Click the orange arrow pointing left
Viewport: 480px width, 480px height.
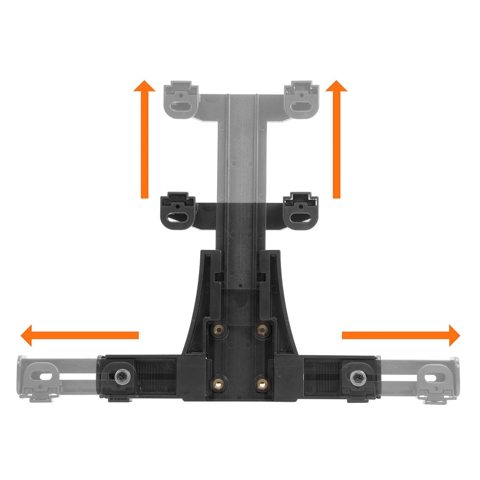(80, 335)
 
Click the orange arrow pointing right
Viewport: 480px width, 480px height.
(400, 335)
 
